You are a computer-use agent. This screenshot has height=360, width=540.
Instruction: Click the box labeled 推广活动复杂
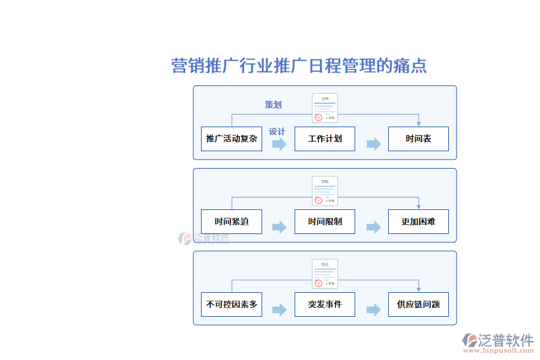tap(232, 139)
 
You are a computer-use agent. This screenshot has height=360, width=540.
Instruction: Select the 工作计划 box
tap(325, 139)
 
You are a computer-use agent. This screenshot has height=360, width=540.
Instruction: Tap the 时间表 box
tap(418, 139)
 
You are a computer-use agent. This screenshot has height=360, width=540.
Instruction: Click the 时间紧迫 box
tap(232, 221)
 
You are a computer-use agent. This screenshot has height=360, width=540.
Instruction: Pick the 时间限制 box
tap(325, 221)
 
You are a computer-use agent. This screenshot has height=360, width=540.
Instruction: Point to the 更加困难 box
tap(418, 221)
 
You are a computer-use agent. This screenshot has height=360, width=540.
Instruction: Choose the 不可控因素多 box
tap(232, 304)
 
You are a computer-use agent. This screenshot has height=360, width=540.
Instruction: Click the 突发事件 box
tap(325, 304)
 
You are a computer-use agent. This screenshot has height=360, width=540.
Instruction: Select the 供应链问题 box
tap(418, 304)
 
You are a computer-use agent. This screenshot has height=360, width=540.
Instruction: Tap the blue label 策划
tap(273, 105)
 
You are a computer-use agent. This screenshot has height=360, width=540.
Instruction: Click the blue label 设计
tap(277, 131)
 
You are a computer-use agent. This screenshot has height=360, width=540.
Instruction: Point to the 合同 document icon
tap(325, 109)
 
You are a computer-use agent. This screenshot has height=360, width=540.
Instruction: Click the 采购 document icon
tap(325, 191)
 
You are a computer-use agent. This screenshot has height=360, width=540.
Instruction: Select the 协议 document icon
tap(325, 274)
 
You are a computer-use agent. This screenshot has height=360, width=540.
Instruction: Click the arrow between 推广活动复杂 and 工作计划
tap(279, 144)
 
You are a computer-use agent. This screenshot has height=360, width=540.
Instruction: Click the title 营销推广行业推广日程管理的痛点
tap(299, 65)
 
